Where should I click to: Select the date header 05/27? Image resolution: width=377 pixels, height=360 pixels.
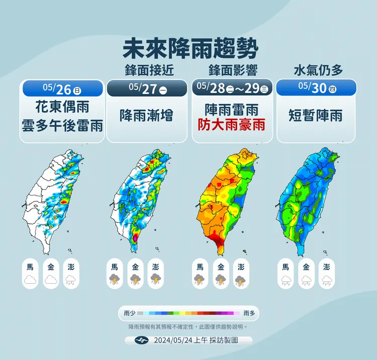click(147, 89)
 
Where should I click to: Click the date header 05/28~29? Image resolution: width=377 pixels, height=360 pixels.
click(232, 89)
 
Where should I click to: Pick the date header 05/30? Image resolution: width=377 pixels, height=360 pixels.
click(317, 89)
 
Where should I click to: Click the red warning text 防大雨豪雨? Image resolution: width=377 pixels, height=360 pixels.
click(232, 124)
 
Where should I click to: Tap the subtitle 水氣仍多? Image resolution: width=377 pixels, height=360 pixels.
click(318, 70)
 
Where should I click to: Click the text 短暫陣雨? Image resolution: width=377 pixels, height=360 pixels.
click(316, 115)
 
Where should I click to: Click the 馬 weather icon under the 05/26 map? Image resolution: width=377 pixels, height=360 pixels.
click(30, 280)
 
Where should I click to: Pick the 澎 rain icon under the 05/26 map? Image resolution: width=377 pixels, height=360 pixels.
click(71, 280)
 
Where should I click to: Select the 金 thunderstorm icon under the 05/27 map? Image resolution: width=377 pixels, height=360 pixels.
click(135, 280)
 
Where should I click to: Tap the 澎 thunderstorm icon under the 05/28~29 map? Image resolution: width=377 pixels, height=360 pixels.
click(241, 280)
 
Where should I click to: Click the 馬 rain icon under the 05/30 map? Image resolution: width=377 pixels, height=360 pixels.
click(286, 280)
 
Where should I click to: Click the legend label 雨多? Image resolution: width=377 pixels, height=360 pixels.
click(249, 313)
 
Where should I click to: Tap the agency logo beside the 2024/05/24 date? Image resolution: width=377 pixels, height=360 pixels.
click(144, 340)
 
